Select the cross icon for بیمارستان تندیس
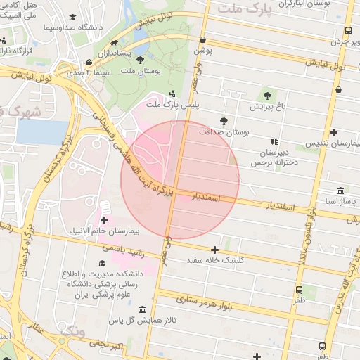coord(333,132)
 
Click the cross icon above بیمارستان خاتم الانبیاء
coord(105,221)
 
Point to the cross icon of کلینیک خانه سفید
coord(214,250)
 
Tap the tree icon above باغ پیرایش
coord(266,96)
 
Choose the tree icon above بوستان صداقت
coord(224,121)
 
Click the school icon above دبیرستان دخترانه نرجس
coord(274,141)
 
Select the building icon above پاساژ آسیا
coord(340,191)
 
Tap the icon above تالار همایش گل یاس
coord(142,310)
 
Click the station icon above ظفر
coord(300,289)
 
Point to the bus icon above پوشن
coord(203,40)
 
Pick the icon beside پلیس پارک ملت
coord(174,95)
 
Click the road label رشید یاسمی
coord(123,250)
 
